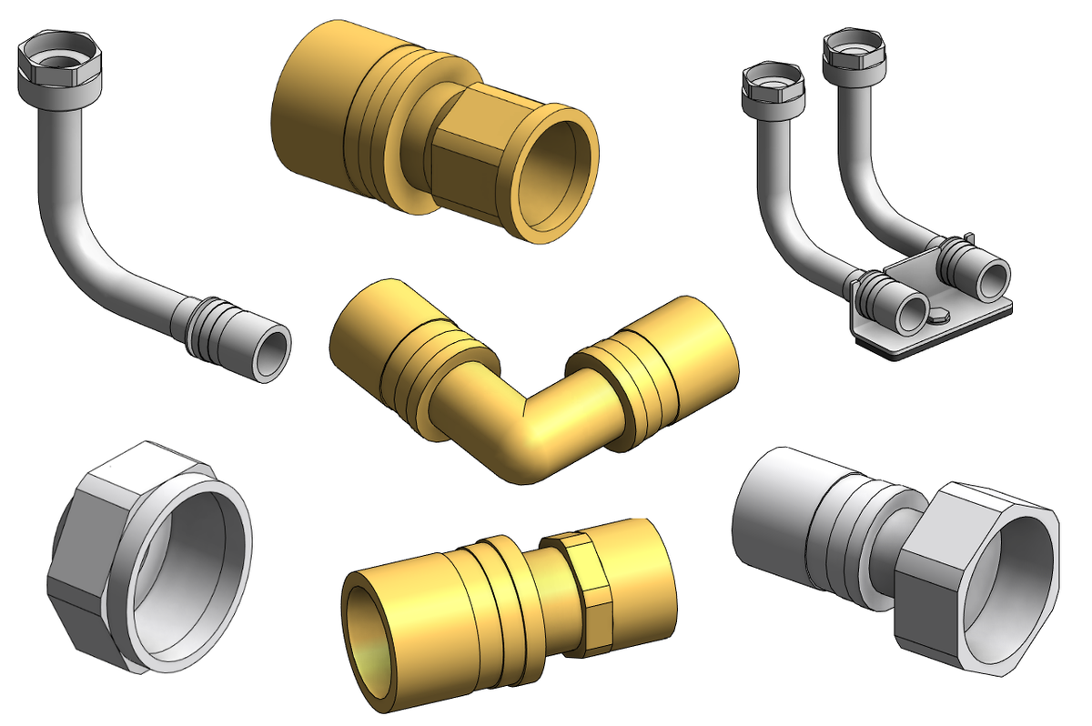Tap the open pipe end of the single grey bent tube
tap(270, 353)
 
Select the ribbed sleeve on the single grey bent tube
tap(212, 325)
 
